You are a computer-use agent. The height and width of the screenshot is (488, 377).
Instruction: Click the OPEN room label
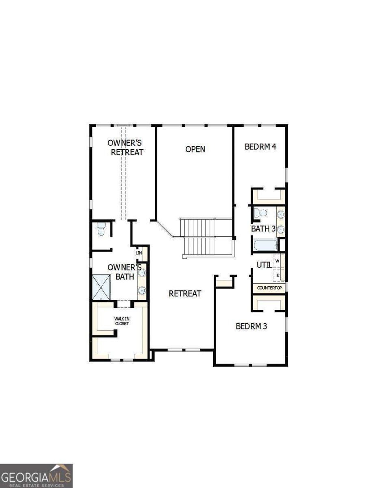[x=195, y=149]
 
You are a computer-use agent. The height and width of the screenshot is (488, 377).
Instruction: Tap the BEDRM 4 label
[x=260, y=147]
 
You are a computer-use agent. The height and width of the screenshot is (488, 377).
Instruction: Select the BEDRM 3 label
[x=251, y=326]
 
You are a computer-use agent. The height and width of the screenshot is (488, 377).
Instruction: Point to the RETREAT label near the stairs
[x=185, y=294]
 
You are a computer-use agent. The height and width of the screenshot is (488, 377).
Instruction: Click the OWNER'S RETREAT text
[x=125, y=148]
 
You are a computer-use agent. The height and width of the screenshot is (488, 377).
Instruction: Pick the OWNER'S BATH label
[x=124, y=272]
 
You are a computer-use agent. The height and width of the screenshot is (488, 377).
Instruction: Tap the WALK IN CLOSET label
[x=121, y=321]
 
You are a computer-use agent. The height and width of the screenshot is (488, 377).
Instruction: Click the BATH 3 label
[x=263, y=229]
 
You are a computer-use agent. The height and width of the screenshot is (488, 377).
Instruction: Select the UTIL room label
[x=264, y=265]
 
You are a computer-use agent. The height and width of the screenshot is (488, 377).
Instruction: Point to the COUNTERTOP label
[x=269, y=288]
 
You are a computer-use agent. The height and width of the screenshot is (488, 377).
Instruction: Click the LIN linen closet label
[x=139, y=253]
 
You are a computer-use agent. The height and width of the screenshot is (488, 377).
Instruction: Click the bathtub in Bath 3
[x=264, y=245]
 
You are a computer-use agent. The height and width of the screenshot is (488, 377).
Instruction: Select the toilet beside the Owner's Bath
[x=101, y=230]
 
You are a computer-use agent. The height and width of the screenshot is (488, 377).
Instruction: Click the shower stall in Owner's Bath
[x=101, y=288]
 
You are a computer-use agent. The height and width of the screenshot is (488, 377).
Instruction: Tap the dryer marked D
[x=278, y=275]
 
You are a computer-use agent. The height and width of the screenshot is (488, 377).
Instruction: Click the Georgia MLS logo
[x=36, y=475]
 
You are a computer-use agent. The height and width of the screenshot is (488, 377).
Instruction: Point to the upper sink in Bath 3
[x=281, y=215]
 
